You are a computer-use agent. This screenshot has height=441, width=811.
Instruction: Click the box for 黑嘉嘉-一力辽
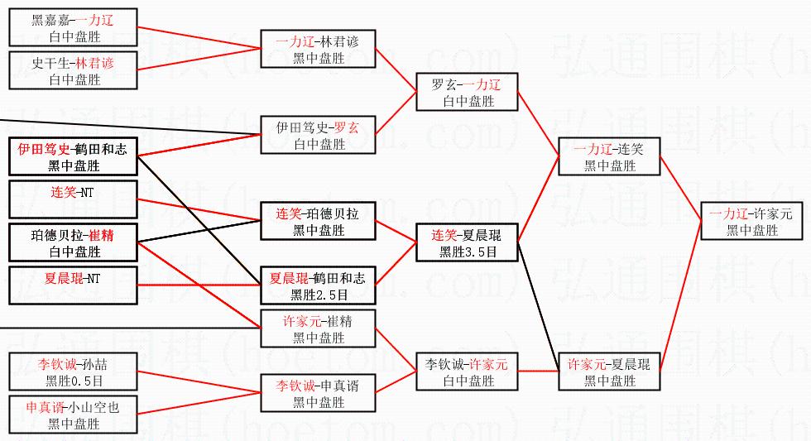pyautogui.click(x=73, y=27)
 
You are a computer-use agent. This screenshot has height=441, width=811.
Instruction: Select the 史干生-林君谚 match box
pyautogui.click(x=73, y=70)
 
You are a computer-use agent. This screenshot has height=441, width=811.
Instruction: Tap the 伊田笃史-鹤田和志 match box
pyautogui.click(x=73, y=156)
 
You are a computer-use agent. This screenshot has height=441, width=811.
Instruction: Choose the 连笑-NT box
pyautogui.click(x=73, y=199)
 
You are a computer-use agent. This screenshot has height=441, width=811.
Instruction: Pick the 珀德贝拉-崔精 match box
pyautogui.click(x=73, y=242)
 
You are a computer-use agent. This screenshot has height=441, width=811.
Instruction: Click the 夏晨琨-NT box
pyautogui.click(x=73, y=285)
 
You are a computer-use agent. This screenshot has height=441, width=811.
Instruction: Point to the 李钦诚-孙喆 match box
pyautogui.click(x=73, y=371)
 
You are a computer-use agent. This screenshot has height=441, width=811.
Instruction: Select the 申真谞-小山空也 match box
pyautogui.click(x=73, y=415)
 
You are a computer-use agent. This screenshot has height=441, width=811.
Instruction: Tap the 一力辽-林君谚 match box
pyautogui.click(x=318, y=49)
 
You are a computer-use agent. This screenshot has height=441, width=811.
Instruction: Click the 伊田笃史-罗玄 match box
pyautogui.click(x=318, y=135)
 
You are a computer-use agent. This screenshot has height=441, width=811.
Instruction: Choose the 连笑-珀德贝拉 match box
pyautogui.click(x=318, y=221)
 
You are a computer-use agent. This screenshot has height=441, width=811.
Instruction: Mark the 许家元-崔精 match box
pyautogui.click(x=318, y=328)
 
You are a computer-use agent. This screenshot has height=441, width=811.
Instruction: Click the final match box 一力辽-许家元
pyautogui.click(x=751, y=221)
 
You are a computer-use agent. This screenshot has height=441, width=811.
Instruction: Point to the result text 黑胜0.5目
pyautogui.click(x=74, y=381)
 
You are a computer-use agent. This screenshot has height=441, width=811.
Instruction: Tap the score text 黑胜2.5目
pyautogui.click(x=319, y=295)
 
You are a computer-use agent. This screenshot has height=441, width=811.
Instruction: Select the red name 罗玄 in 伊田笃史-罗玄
pyautogui.click(x=346, y=127)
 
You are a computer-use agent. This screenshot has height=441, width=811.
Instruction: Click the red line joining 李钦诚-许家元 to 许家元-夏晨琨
pyautogui.click(x=539, y=371)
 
